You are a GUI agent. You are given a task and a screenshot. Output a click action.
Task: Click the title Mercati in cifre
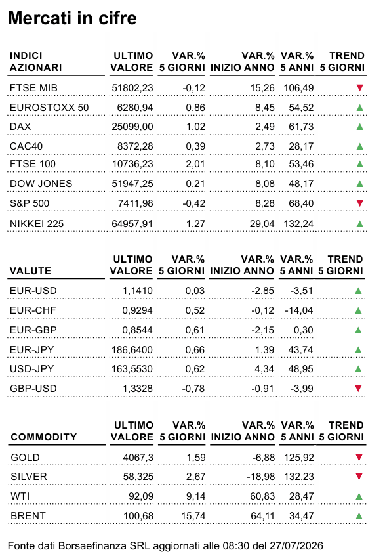pyautogui.click(x=72, y=18)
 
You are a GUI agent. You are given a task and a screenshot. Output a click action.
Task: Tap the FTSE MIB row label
pyautogui.click(x=33, y=87)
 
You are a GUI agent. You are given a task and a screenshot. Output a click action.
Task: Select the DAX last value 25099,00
pyautogui.click(x=132, y=127)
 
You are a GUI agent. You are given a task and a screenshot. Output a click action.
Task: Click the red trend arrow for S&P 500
pyautogui.click(x=360, y=203)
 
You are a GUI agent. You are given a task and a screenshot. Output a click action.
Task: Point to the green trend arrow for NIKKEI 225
pyautogui.click(x=360, y=224)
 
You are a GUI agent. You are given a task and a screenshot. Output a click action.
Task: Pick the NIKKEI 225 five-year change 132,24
pyautogui.click(x=298, y=224)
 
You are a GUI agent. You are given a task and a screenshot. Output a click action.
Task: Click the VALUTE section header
pyautogui.click(x=30, y=271)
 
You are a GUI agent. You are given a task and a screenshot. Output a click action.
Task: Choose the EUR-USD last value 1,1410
pyautogui.click(x=138, y=291)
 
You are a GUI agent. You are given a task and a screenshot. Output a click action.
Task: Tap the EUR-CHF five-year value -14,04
pyautogui.click(x=299, y=310)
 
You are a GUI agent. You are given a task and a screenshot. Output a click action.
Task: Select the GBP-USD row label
pyautogui.click(x=33, y=388)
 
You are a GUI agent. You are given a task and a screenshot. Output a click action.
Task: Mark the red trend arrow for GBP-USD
pyautogui.click(x=358, y=388)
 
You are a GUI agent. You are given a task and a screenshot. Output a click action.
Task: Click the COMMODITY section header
pyautogui.click(x=44, y=437)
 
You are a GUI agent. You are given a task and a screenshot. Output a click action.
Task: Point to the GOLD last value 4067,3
pyautogui.click(x=138, y=458)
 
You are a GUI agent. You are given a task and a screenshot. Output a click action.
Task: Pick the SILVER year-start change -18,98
pyautogui.click(x=260, y=477)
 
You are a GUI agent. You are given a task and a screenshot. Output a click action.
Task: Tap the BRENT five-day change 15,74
pyautogui.click(x=193, y=516)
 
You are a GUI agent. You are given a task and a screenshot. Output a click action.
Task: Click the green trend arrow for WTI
pyautogui.click(x=359, y=496)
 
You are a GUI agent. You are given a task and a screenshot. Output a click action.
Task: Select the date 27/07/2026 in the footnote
pyautogui.click(x=296, y=545)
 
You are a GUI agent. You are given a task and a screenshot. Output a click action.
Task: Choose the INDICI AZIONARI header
pyautogui.click(x=36, y=61)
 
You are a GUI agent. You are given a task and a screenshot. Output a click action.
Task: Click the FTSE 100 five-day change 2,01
pyautogui.click(x=195, y=164)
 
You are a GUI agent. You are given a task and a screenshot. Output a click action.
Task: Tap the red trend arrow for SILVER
pyautogui.click(x=359, y=476)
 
